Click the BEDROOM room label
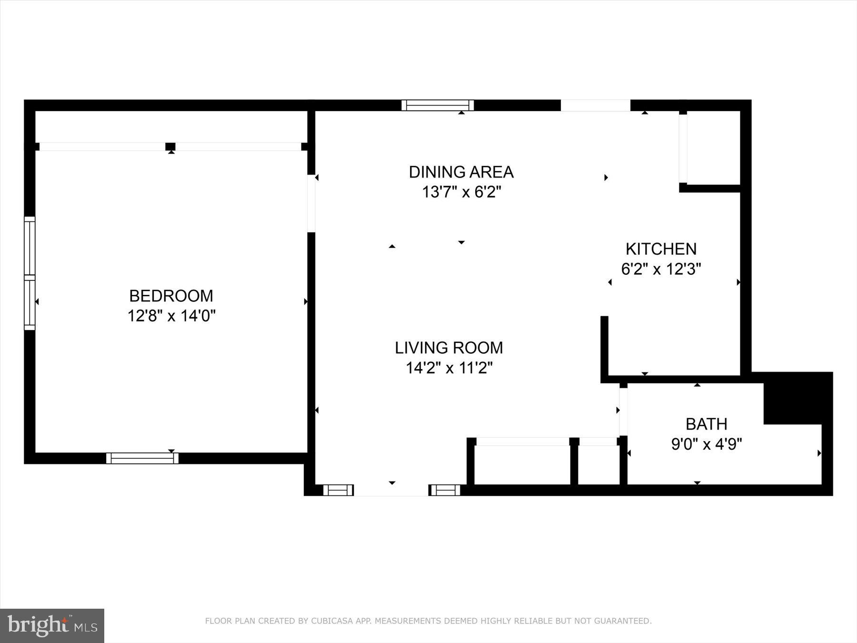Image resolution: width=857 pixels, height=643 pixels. [x=171, y=296]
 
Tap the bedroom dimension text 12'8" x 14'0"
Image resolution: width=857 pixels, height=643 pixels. [x=171, y=316]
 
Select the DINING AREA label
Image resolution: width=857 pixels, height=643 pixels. [x=461, y=172]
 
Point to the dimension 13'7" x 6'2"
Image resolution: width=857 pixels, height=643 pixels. [x=461, y=192]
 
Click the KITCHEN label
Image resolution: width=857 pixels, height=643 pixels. [x=660, y=249]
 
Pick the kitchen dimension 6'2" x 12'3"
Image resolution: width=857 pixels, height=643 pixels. [x=660, y=270]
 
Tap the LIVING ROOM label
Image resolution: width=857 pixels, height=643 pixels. [x=448, y=348]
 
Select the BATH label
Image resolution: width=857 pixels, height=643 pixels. [x=706, y=424]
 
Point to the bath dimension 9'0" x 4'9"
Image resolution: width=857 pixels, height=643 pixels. [x=706, y=444]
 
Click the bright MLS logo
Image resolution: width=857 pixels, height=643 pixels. [x=52, y=625]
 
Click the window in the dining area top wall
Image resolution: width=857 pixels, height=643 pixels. [x=437, y=105]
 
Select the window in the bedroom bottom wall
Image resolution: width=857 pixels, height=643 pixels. [x=142, y=458]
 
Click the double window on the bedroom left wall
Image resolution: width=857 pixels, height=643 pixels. [x=30, y=273]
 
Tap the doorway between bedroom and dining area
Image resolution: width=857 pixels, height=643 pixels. [x=311, y=203]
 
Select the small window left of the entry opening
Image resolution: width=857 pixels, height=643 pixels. [x=338, y=490]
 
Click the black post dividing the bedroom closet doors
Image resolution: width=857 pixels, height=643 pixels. [x=170, y=147]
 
